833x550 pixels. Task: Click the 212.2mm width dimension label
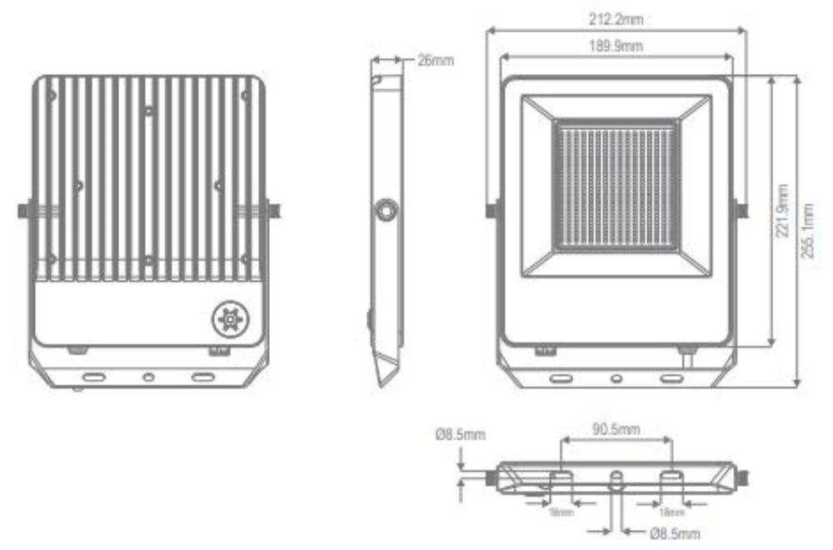(616, 19)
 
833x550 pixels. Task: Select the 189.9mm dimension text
(616, 46)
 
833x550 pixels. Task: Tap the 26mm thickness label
(436, 61)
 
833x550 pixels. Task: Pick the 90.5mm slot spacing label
(616, 430)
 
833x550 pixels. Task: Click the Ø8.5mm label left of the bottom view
(460, 434)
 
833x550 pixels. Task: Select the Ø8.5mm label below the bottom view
(675, 533)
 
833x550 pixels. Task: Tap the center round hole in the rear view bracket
(148, 377)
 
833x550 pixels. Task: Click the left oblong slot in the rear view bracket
(93, 377)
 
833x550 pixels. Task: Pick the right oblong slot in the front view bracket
(671, 378)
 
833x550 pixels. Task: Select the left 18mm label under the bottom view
(561, 512)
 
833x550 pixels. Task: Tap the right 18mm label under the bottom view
(671, 512)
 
